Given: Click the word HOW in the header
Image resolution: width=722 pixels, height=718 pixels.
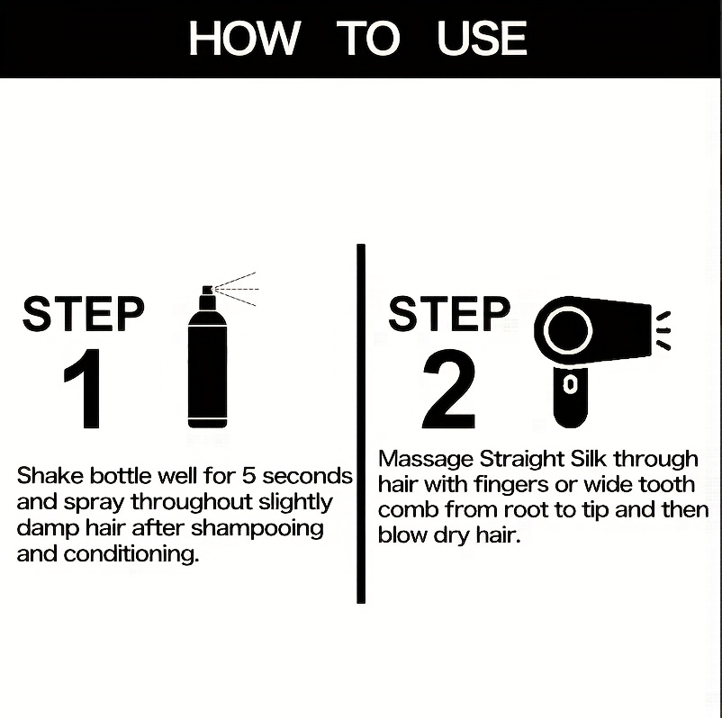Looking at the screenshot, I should coord(243,39).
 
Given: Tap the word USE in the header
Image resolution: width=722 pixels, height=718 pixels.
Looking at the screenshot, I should coord(482,39).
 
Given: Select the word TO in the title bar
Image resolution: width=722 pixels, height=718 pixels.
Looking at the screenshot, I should coord(367,39).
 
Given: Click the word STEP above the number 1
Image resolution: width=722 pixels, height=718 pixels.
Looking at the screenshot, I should coord(83,314).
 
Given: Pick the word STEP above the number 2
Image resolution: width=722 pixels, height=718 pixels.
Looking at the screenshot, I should coord(448,314).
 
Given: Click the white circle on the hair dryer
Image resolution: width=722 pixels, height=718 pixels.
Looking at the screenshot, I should coord(568,329).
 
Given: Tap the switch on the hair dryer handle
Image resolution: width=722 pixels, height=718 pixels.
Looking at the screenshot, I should coord(569,384).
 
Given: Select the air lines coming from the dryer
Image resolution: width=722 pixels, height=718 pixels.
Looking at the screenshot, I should coord(663,329).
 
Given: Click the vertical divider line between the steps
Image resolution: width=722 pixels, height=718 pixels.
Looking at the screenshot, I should coord(360,423).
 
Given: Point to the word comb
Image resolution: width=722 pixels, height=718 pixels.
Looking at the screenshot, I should coord(404,510).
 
